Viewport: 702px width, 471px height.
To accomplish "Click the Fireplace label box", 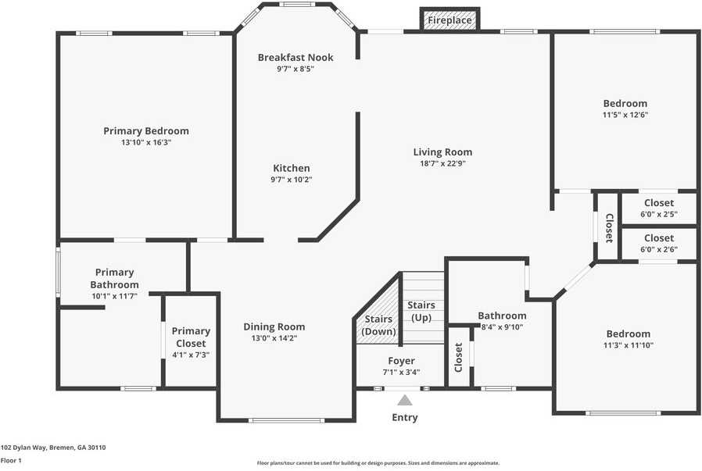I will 449,20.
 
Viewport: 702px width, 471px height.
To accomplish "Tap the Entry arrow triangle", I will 404,400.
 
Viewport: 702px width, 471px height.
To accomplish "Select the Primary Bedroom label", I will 146,131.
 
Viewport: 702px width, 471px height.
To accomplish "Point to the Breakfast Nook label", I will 295,58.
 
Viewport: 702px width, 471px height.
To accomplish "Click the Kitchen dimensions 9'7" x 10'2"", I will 292,180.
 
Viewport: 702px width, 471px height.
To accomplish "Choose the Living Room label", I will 442,152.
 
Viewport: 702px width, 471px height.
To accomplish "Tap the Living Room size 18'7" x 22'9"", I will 442,164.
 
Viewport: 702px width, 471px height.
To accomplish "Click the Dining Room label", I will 274,326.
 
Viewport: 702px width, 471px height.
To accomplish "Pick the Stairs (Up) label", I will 421,311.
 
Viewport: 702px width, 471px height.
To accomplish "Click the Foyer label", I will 401,361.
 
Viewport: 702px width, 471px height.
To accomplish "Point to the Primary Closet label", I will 191,337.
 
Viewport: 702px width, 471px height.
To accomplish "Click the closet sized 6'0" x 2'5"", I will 659,208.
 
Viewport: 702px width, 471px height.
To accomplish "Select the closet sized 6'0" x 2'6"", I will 659,243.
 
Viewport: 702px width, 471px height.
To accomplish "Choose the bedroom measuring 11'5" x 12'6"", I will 625,109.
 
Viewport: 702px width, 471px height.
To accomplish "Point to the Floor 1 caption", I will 12,461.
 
